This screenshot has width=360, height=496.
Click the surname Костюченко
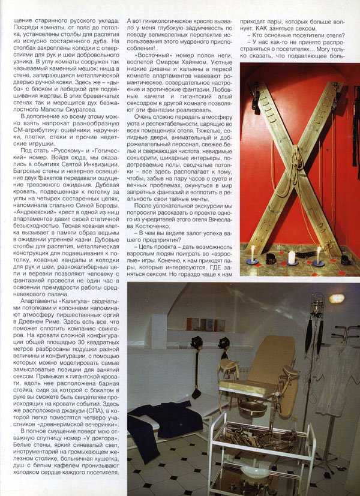[214, 221]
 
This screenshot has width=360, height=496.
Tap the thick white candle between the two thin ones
[292, 257]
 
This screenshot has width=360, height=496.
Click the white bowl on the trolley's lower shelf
[252, 471]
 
